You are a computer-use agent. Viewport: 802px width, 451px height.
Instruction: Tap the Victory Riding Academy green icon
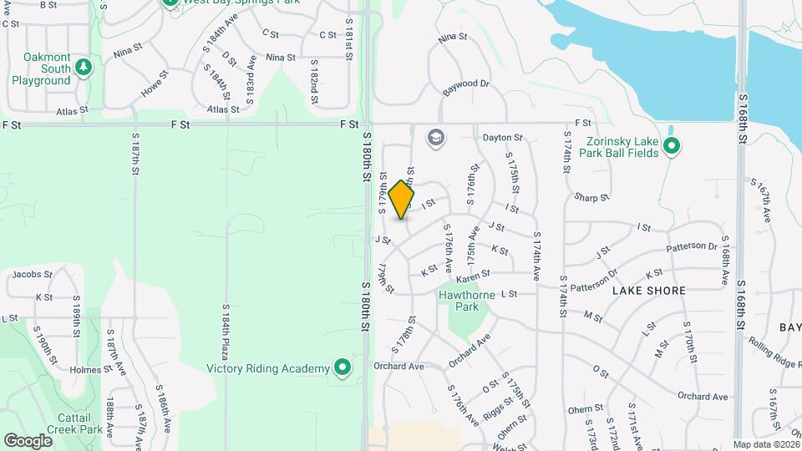[342, 367]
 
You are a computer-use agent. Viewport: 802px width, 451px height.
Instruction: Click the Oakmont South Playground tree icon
[83, 66]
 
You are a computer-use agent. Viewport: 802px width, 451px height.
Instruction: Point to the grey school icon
[434, 137]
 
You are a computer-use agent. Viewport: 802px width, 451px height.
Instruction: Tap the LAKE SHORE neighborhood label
[649, 291]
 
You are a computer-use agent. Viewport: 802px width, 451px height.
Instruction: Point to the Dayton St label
[502, 137]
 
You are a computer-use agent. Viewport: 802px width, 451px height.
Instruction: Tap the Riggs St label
[497, 406]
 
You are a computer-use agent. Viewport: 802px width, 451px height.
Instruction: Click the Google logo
[28, 440]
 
